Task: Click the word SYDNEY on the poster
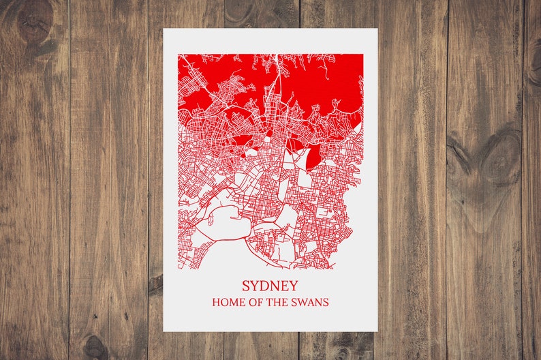(x=270, y=286)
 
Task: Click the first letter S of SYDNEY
(x=246, y=286)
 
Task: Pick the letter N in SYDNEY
(x=274, y=286)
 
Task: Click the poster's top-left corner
(x=164, y=29)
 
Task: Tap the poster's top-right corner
(x=377, y=29)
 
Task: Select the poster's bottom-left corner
(x=164, y=331)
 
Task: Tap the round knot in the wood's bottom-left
(x=95, y=347)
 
